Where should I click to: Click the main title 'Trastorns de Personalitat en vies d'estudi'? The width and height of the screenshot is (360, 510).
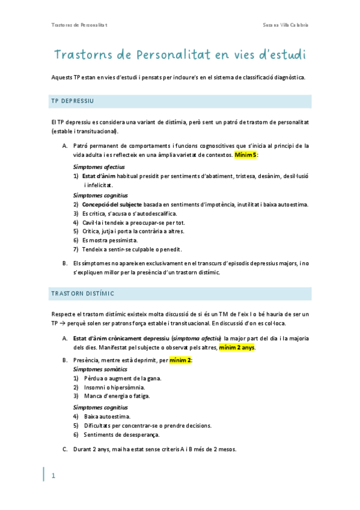tap(180, 55)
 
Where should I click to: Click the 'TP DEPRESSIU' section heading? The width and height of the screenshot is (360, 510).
tap(72, 100)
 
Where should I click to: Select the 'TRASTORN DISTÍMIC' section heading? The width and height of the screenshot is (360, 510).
tap(83, 293)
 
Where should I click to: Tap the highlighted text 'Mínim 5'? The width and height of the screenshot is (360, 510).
tap(246, 155)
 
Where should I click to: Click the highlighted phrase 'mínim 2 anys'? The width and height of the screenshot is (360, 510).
tap(237, 348)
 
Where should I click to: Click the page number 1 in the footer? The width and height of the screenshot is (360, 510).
tap(53, 476)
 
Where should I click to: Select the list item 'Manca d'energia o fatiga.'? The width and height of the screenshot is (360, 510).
tap(117, 396)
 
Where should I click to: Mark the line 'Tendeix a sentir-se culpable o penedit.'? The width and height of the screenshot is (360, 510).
tap(133, 249)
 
